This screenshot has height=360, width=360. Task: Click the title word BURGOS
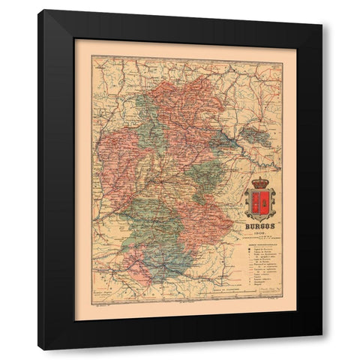[260, 224]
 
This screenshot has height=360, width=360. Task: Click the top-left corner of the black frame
[39, 10]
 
